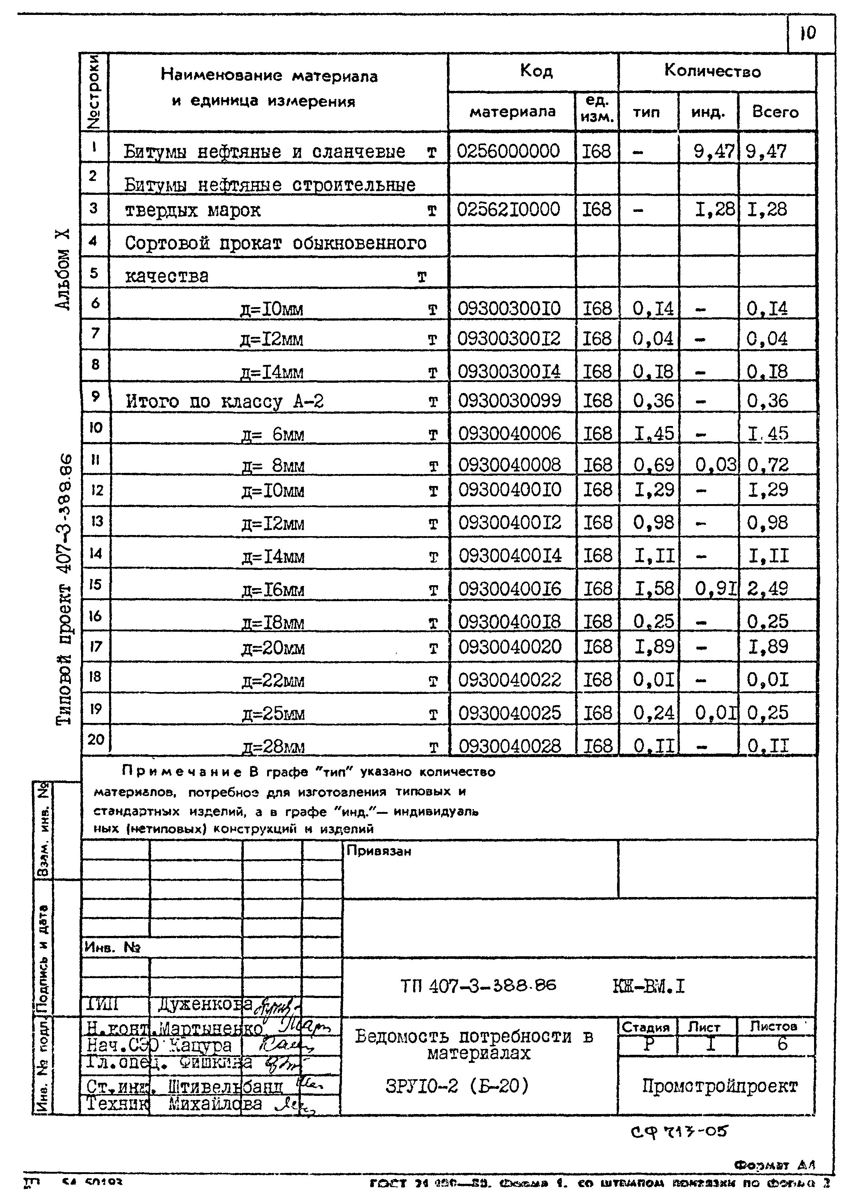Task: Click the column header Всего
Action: point(775,112)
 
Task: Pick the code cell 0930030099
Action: point(509,401)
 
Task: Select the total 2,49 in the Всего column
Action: point(767,588)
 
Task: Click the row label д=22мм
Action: point(273,680)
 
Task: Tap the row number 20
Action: point(96,739)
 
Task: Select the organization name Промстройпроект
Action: point(719,1086)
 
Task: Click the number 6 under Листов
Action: point(782,1044)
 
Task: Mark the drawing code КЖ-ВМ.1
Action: point(648,986)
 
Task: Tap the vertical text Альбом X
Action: point(63,269)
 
